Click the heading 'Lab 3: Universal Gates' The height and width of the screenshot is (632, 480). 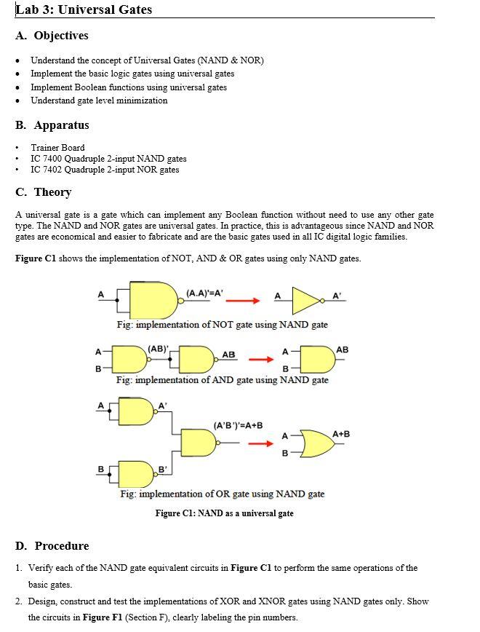pos(84,9)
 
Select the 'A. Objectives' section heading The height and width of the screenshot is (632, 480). pos(52,36)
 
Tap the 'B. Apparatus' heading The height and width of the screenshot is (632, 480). pos(52,125)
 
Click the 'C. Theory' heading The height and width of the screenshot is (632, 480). pos(44,192)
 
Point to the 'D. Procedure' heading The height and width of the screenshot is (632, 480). pos(52,546)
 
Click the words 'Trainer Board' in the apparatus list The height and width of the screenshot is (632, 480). pos(57,147)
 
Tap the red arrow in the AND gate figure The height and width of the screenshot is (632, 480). pos(260,359)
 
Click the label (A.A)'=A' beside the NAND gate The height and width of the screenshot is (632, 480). pos(204,293)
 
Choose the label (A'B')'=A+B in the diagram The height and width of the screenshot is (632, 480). pos(238,425)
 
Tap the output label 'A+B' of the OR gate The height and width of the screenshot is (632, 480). pos(341,435)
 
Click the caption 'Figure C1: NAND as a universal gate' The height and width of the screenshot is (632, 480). pos(225,513)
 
